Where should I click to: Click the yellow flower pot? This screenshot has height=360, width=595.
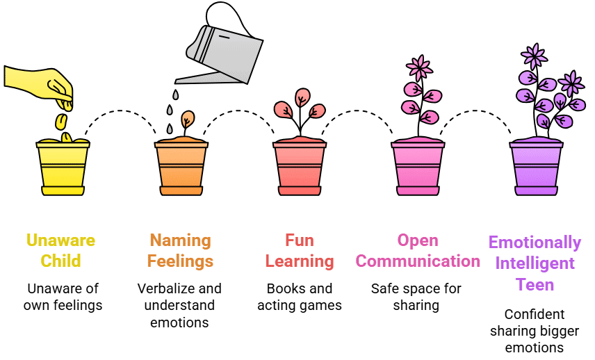pos(63,168)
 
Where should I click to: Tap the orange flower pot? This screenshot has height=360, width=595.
pos(181,168)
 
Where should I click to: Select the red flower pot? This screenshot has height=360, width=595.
pos(299,168)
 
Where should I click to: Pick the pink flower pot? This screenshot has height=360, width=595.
pos(417,168)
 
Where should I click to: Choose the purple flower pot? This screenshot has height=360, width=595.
pos(535,168)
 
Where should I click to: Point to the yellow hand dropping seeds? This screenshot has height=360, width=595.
pos(42,83)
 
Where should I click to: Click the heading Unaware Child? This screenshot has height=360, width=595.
pos(61,251)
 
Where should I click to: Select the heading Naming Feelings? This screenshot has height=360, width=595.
pos(180,251)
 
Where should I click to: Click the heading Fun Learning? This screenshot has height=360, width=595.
pos(300,251)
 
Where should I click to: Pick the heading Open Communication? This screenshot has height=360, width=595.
pos(418,251)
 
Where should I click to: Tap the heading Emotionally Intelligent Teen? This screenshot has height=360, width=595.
pos(535,263)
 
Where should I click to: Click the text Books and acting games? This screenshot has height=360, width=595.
pos(300,297)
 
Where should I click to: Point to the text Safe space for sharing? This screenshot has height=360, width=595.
pos(416,297)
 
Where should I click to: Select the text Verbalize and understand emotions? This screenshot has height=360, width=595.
pos(179,305)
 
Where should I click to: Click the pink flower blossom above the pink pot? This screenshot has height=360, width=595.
pos(419,67)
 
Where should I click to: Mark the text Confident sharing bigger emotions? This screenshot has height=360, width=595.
pos(535,331)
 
